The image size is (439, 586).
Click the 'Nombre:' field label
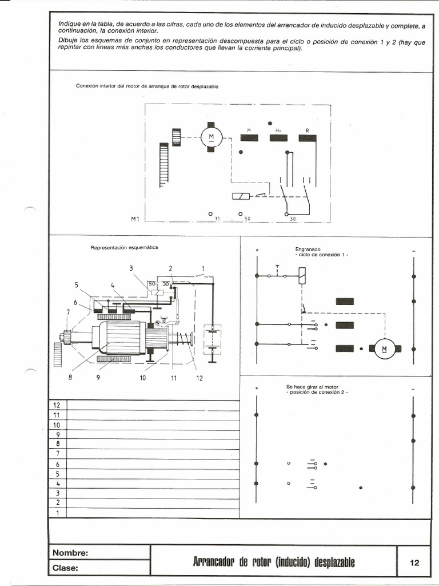(70, 553)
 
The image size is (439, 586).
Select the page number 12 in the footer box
(414, 563)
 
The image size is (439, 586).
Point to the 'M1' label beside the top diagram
(135, 219)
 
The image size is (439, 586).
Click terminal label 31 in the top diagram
(217, 219)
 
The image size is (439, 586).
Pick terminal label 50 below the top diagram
(248, 219)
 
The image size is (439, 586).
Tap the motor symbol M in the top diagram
(210, 136)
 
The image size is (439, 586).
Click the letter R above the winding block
(308, 130)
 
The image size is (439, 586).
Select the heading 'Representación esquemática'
(124, 247)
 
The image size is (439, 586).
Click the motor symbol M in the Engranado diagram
(384, 347)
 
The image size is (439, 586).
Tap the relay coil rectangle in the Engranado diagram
(301, 279)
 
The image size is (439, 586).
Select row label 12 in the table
(57, 405)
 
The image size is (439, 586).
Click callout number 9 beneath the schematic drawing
(98, 378)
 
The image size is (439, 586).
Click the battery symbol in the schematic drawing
(213, 343)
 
